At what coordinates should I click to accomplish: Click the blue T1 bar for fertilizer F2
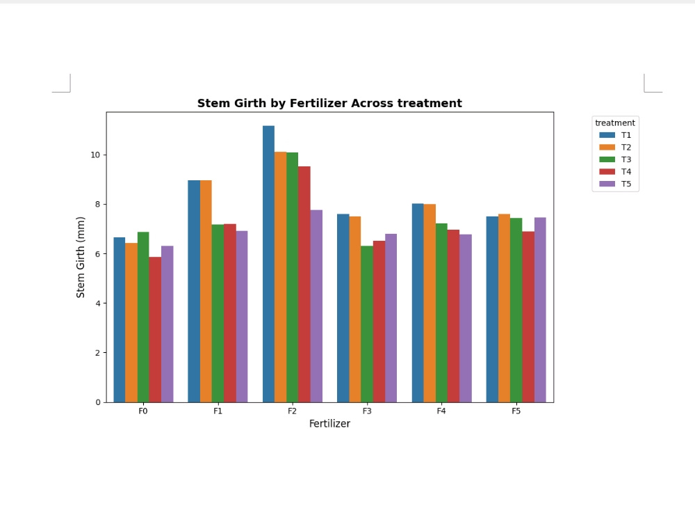[268, 264]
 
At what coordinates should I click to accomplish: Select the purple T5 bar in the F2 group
[316, 306]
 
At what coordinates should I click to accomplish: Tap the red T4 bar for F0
[155, 330]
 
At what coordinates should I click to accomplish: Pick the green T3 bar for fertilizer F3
[367, 324]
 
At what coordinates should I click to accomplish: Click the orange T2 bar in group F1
[206, 292]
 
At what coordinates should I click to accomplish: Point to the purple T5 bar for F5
[540, 310]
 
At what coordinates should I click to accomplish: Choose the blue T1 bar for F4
[418, 303]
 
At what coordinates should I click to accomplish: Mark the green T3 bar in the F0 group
[143, 317]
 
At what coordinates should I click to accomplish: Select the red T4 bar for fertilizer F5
[528, 317]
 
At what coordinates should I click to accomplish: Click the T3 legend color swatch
[607, 159]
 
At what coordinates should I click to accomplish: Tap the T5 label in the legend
[626, 184]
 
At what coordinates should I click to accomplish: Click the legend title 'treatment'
[615, 123]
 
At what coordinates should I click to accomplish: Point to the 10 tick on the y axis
[95, 155]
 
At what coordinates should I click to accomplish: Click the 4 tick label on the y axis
[98, 303]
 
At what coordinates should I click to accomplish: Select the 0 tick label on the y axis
[98, 402]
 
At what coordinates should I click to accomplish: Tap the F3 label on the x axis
[367, 411]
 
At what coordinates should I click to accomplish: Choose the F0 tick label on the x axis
[143, 411]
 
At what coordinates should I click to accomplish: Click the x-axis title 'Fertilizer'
[329, 424]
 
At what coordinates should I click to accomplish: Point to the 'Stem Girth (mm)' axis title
[80, 258]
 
